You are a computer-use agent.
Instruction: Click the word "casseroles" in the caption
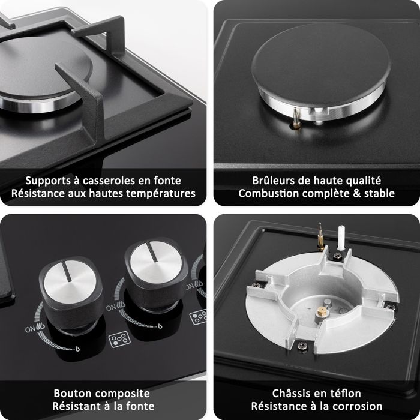point(109,181)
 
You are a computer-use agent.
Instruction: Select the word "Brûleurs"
point(270,181)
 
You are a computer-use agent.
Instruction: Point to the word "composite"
point(122,394)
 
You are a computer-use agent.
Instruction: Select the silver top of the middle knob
point(156,262)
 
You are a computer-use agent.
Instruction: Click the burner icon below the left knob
point(119,340)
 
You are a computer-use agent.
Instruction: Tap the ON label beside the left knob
point(31,329)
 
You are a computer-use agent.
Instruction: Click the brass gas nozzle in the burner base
point(320,311)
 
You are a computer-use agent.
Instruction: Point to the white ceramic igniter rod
point(341,238)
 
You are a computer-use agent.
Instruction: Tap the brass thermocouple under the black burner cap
point(296,119)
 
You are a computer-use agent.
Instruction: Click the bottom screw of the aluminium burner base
point(302,345)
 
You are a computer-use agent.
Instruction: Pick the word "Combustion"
point(268,193)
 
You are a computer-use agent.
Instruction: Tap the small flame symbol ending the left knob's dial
point(77,349)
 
